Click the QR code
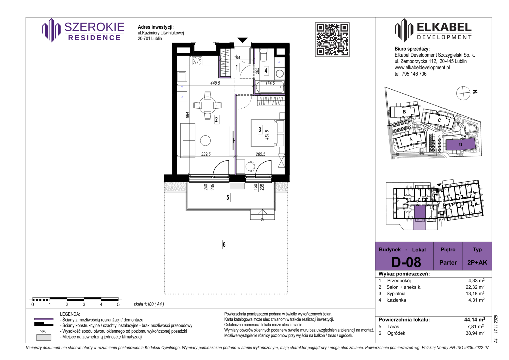(x=332, y=40)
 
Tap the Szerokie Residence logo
(x=83, y=30)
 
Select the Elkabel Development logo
(x=433, y=30)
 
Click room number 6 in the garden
(x=224, y=244)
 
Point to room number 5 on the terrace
(x=228, y=197)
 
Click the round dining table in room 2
(x=208, y=105)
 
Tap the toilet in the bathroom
(x=263, y=55)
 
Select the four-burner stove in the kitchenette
(x=197, y=61)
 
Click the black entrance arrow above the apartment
(x=243, y=40)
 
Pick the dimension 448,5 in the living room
(x=215, y=83)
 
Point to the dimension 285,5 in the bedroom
(x=260, y=154)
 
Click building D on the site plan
(x=460, y=144)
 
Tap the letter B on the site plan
(x=404, y=112)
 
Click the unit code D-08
(x=406, y=262)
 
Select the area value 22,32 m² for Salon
(x=475, y=287)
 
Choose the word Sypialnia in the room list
(x=396, y=294)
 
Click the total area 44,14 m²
(x=474, y=320)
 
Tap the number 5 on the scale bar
(x=118, y=304)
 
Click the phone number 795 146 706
(x=414, y=74)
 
